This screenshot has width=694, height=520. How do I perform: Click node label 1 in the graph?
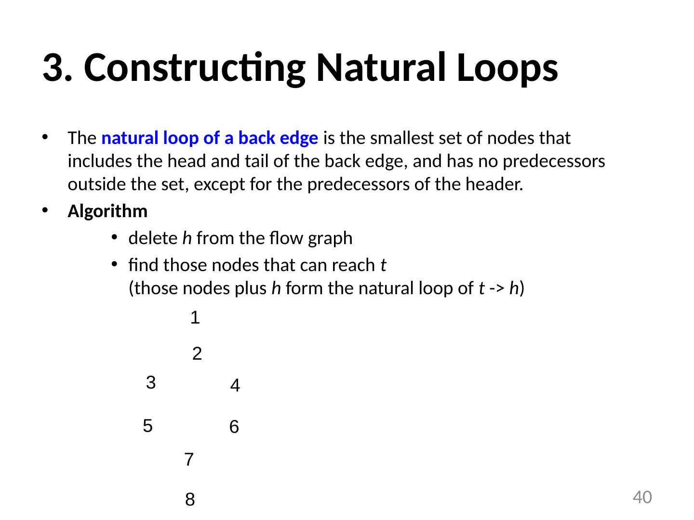[195, 318]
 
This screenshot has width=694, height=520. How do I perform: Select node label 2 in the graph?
[197, 354]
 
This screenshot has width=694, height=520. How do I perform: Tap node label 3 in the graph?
[150, 383]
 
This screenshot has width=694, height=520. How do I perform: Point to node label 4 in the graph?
[235, 386]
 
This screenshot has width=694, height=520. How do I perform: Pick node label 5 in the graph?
[148, 426]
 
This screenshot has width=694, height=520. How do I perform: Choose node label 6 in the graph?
[234, 427]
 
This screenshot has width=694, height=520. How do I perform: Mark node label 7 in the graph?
[189, 460]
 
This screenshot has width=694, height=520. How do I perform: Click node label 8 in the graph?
[190, 501]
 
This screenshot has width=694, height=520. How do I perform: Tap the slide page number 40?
[642, 497]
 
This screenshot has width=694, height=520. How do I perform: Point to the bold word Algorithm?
[107, 211]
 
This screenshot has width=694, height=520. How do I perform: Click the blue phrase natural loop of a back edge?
[210, 139]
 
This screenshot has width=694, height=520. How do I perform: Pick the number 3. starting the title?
[58, 68]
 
